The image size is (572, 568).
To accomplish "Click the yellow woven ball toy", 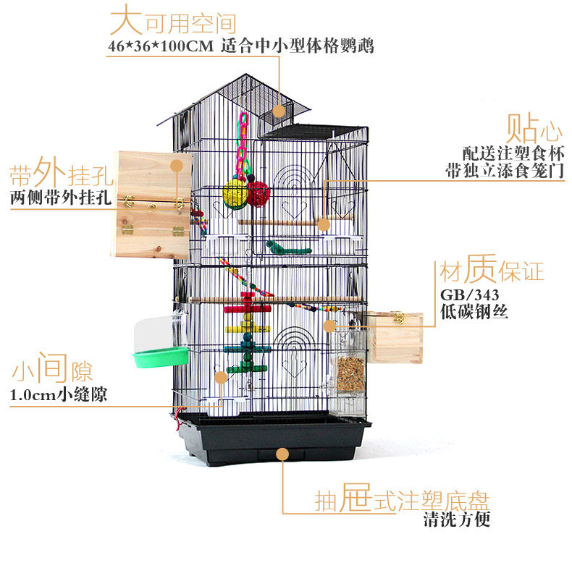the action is tap(235, 193).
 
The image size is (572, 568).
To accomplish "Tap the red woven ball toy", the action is tap(258, 193).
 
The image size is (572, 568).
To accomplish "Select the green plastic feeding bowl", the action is tap(161, 357).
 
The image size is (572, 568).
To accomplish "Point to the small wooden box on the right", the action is tap(395, 336).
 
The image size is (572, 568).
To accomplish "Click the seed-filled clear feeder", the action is tap(350, 373).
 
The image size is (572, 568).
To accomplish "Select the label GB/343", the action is tap(467, 297).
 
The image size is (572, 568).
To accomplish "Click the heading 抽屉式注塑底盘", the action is tap(403, 500).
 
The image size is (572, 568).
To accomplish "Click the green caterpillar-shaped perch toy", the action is tap(287, 248).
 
